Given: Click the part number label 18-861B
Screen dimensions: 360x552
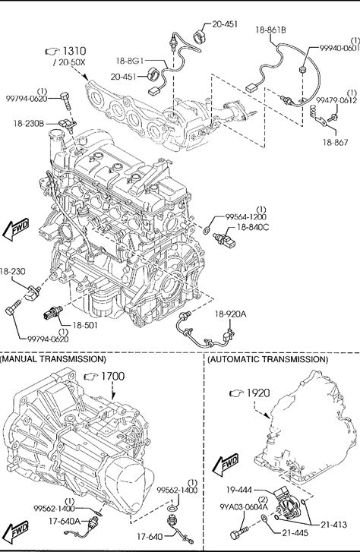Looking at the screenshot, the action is pos(270,30).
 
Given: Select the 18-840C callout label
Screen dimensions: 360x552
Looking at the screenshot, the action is pos(253,228).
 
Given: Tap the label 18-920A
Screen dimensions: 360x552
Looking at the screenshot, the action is pos(231,314).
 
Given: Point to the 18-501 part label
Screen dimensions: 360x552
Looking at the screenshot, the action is pos(85,325).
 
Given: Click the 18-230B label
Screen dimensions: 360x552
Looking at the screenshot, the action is pos(29,124).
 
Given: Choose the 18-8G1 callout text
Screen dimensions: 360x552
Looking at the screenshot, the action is pos(130,61).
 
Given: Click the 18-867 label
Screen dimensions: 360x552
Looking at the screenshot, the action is pos(336,142).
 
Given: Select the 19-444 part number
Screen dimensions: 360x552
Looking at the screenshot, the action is pos(239,489).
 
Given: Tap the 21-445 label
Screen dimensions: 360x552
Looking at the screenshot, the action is pos(295,533).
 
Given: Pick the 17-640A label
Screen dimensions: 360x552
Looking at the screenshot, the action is pos(65,521).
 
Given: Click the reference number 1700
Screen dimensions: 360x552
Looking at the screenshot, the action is pos(112,377).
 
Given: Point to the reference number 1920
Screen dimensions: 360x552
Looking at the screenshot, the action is pos(258,393).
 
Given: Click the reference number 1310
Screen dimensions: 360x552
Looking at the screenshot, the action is pos(74,51).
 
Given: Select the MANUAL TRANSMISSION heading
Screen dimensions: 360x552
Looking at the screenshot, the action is pos(53,359).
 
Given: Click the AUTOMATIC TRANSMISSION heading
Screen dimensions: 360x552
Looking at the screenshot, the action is pos(267,359).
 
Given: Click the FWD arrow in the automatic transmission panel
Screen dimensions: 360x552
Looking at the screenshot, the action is pos(226,465).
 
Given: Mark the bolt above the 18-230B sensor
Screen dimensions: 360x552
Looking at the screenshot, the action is pos(66,101).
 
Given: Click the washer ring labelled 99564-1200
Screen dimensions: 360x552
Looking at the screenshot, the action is pos(207,231).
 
